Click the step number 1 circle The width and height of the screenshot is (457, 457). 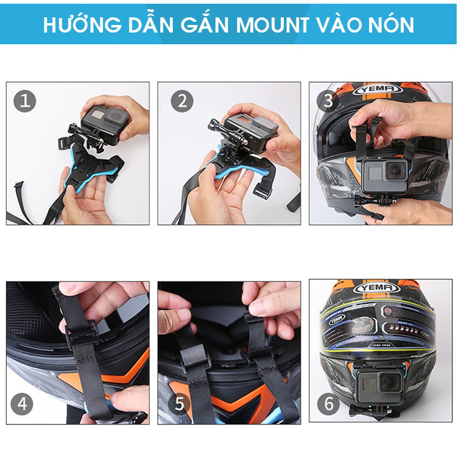(25, 102)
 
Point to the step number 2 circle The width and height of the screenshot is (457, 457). (182, 102)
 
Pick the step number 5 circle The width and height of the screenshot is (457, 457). (179, 404)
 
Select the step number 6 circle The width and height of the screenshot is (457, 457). (329, 404)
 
